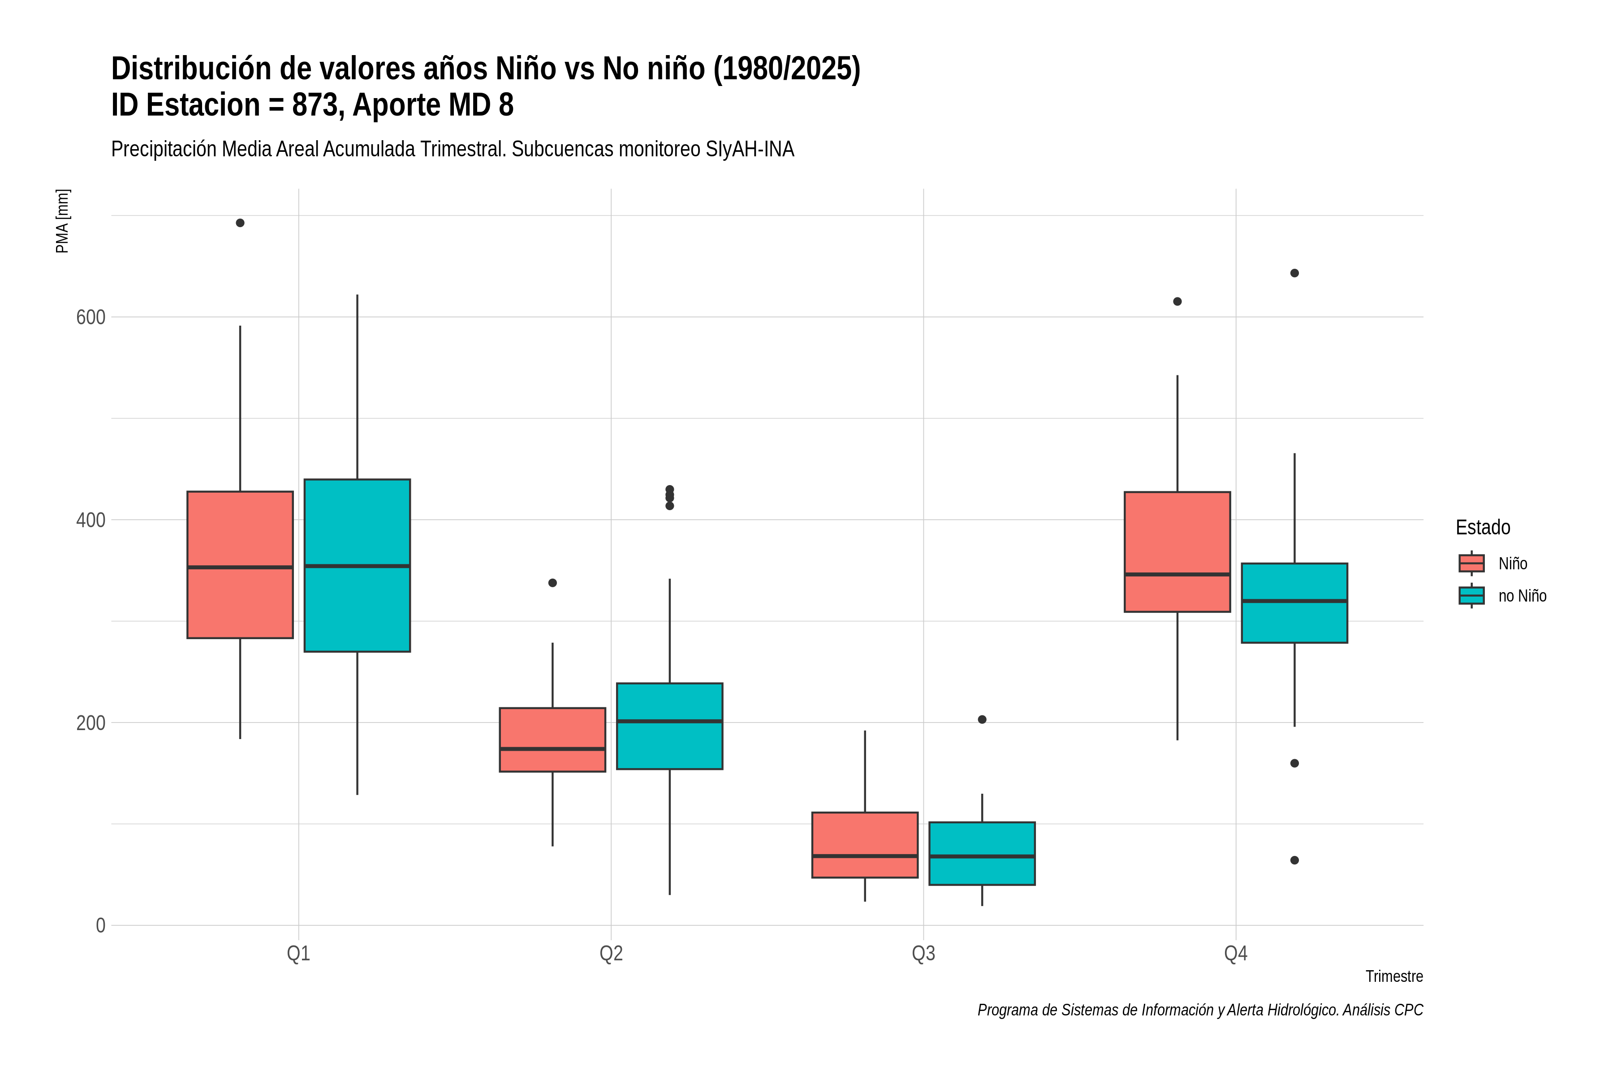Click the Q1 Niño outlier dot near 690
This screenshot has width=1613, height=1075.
(240, 223)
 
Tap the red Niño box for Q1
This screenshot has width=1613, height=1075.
(240, 565)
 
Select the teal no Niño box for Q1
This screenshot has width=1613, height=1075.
(357, 566)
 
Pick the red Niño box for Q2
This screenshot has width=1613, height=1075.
(553, 740)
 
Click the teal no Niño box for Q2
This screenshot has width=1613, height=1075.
(669, 726)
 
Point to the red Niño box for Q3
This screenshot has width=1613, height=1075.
(865, 845)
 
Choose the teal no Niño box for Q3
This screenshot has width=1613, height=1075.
(982, 854)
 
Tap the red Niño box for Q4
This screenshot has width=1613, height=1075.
(1177, 552)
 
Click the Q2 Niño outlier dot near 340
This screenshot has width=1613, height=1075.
(553, 583)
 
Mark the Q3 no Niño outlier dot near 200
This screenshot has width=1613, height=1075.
(982, 720)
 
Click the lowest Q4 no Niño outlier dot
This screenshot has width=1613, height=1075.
(1295, 860)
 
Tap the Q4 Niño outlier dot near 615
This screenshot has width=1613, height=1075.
(1177, 301)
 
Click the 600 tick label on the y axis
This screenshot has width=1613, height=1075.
(91, 318)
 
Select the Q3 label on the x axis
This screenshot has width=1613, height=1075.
(924, 954)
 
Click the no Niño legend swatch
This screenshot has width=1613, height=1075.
(1472, 596)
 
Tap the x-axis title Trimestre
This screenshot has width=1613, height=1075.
(1394, 976)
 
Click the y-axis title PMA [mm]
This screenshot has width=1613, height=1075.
(62, 221)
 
